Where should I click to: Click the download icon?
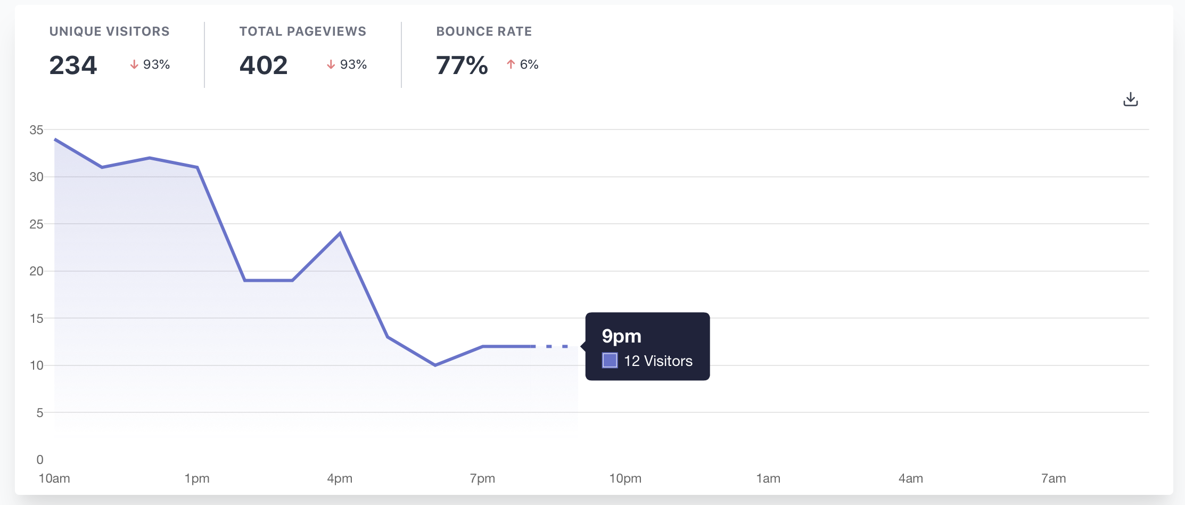[x=1130, y=100]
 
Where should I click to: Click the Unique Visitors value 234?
[x=73, y=66]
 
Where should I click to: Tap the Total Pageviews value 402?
[x=264, y=66]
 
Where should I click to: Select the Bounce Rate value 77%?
[x=462, y=66]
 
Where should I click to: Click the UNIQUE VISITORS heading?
[x=109, y=31]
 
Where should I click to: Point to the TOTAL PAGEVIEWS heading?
[x=302, y=31]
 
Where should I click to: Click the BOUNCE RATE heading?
[x=484, y=31]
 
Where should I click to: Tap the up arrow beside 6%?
[x=511, y=64]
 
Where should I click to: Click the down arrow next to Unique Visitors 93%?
[x=134, y=64]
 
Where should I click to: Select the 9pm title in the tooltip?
[x=621, y=336]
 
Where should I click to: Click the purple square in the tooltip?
[x=610, y=361]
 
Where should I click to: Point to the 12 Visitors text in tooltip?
[x=658, y=361]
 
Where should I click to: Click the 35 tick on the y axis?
[x=36, y=130]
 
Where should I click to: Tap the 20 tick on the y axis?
[x=36, y=271]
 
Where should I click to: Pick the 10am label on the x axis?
[x=54, y=478]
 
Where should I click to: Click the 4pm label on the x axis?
[x=340, y=478]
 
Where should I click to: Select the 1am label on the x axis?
[x=768, y=478]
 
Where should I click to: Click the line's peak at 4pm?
[x=340, y=233]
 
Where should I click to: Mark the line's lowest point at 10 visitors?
[x=435, y=365]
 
